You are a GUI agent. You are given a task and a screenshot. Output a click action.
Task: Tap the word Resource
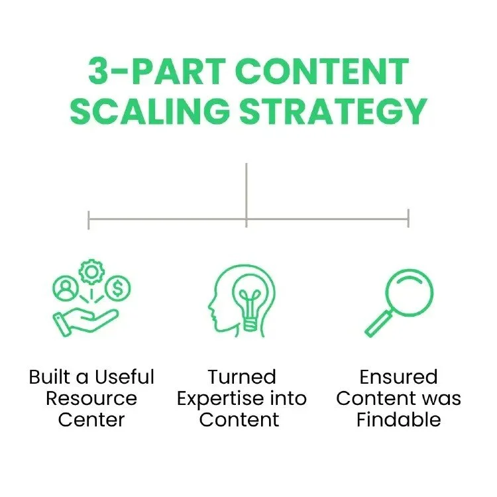[91, 398]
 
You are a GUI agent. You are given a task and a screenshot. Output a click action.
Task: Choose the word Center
[91, 419]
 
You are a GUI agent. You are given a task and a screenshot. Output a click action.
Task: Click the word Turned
[241, 377]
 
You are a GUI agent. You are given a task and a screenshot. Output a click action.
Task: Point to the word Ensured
[398, 377]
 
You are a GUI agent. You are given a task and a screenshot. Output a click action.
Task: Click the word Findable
[398, 419]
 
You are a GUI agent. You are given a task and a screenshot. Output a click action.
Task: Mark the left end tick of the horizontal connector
[89, 219]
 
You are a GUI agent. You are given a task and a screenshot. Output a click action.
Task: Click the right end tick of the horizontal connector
[408, 218]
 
